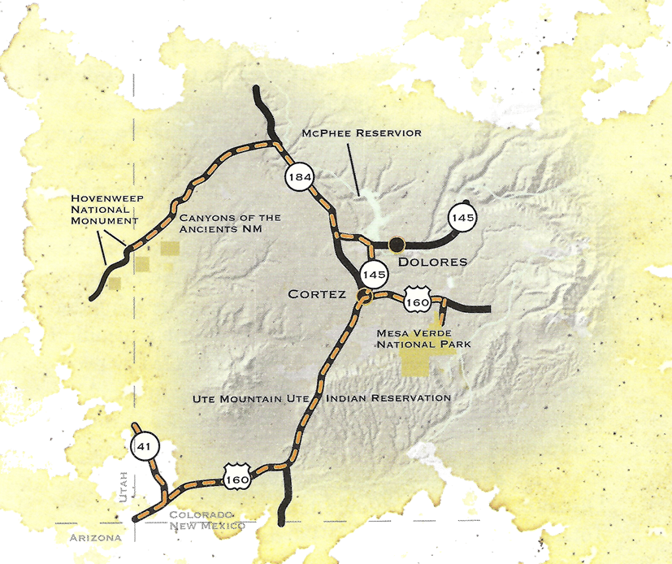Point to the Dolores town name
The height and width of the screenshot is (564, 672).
click(x=433, y=262)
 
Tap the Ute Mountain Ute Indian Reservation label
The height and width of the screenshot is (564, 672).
click(x=322, y=398)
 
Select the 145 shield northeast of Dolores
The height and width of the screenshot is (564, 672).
click(x=463, y=217)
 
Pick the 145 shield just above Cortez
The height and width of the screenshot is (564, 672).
click(x=375, y=273)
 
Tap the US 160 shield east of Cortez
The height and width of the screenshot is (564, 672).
click(x=417, y=300)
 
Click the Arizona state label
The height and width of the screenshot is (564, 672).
click(x=94, y=538)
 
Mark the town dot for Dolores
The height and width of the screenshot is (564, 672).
click(x=397, y=242)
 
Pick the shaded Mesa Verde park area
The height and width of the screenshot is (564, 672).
click(x=427, y=362)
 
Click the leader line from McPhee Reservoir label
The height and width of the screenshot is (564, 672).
click(x=354, y=167)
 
